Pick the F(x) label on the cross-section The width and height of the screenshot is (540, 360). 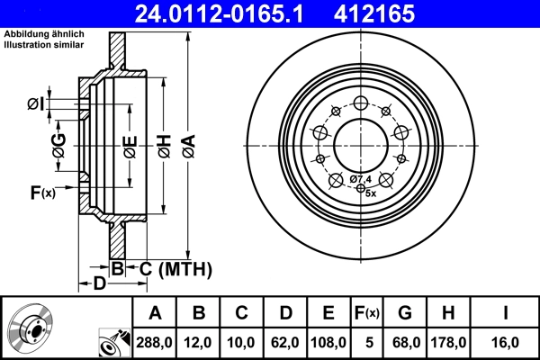pyautogui.click(x=42, y=192)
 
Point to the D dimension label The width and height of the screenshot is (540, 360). pyautogui.click(x=100, y=284)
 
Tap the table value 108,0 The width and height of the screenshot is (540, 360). pyautogui.click(x=328, y=342)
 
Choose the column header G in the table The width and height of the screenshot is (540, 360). pyautogui.click(x=404, y=313)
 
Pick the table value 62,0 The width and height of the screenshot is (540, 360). pyautogui.click(x=285, y=342)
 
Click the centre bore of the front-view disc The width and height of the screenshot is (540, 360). pyautogui.click(x=361, y=143)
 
